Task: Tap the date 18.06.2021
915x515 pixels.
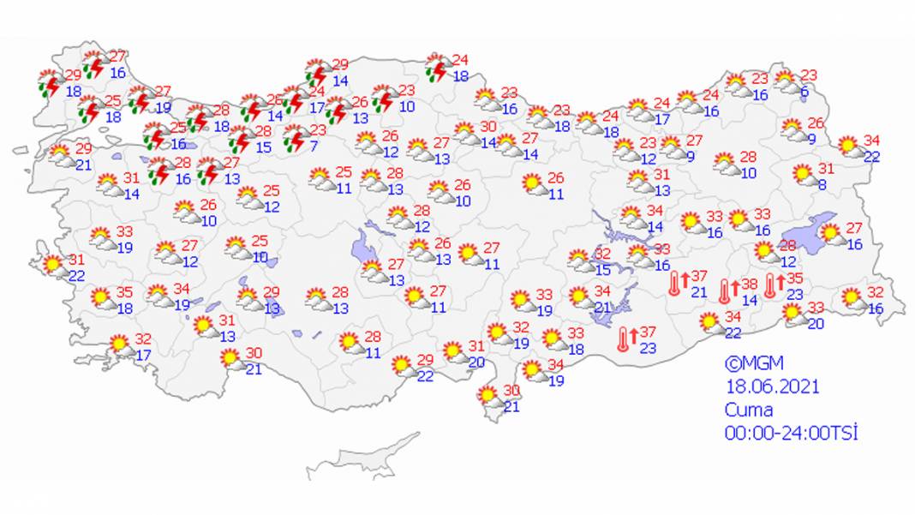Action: click(x=772, y=386)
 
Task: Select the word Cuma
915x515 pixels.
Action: click(x=749, y=410)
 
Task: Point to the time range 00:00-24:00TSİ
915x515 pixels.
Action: click(x=791, y=433)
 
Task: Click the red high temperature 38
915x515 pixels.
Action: click(x=750, y=284)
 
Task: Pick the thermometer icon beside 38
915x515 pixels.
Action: click(x=725, y=291)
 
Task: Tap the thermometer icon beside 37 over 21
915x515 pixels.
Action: click(x=676, y=283)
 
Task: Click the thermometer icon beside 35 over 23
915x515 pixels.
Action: click(x=771, y=285)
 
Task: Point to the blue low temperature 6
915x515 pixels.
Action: click(x=804, y=92)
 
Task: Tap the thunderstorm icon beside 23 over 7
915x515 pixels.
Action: click(x=295, y=138)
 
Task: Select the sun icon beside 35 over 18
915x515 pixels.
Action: click(x=102, y=298)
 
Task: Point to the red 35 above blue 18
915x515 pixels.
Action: click(x=124, y=291)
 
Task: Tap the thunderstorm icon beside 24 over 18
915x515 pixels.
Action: click(x=439, y=68)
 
